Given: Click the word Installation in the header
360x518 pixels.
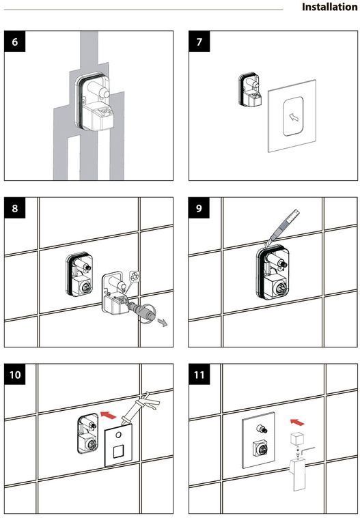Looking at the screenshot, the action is click(329, 7).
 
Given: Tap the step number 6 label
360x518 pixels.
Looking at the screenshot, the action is click(14, 42).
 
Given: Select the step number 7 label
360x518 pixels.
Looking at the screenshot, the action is click(199, 42).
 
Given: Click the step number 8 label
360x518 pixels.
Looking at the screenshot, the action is click(14, 208).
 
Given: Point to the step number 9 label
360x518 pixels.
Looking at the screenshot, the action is click(199, 208).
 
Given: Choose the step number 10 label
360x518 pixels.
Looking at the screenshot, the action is click(15, 375).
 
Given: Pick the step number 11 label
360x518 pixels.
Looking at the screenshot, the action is click(199, 375).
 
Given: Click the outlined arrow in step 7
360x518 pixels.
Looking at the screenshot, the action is click(294, 117).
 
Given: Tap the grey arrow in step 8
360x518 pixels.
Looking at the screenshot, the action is click(163, 322).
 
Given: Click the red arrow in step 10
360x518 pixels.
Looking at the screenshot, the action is click(109, 414).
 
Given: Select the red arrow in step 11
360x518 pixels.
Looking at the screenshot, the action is click(297, 422).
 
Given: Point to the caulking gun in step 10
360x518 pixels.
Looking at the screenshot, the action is click(140, 409).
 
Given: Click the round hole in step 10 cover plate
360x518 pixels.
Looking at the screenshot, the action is click(118, 435).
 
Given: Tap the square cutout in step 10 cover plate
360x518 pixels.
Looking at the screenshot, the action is click(118, 451).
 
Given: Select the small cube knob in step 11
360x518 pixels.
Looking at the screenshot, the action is click(297, 439).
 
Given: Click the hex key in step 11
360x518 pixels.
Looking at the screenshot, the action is click(309, 451).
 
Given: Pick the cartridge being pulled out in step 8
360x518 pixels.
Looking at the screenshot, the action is click(141, 311).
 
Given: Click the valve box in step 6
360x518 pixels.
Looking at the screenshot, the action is click(95, 101).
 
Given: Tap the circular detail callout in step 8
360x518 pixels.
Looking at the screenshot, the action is click(134, 277).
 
